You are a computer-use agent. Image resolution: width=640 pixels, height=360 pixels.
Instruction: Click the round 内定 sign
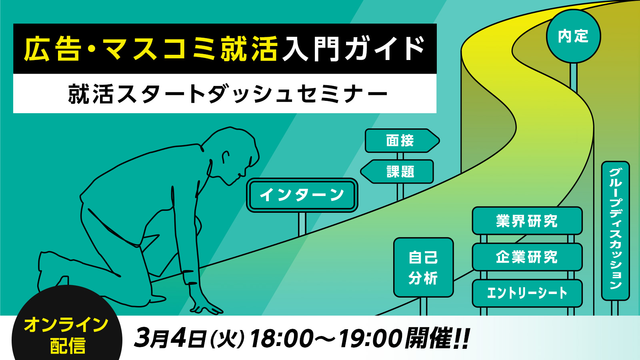pyautogui.click(x=573, y=36)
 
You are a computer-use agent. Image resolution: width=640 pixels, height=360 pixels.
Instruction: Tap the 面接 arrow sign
pyautogui.click(x=402, y=140)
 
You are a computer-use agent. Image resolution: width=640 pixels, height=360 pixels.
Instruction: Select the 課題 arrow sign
pyautogui.click(x=397, y=172)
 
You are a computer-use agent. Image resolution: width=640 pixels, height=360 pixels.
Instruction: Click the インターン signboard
pyautogui.click(x=302, y=195)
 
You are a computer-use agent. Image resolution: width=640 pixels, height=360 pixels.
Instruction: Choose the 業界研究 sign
pyautogui.click(x=527, y=221)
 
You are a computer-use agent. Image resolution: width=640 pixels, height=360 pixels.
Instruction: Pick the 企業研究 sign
pyautogui.click(x=527, y=257)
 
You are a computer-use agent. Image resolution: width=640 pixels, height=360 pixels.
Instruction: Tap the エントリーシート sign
pyautogui.click(x=527, y=293)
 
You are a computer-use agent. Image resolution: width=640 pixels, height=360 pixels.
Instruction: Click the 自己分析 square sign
pyautogui.click(x=424, y=268)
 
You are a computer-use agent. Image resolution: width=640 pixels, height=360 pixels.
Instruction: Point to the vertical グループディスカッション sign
pyautogui.click(x=616, y=231)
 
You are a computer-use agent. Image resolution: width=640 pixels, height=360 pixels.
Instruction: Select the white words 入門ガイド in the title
pyautogui.click(x=353, y=49)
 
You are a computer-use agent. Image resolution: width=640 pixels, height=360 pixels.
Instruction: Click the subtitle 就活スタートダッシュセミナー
pyautogui.click(x=228, y=94)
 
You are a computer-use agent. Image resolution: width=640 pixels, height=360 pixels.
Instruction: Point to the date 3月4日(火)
pyautogui.click(x=190, y=338)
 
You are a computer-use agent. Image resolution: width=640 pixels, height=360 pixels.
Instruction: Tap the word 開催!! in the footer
pyautogui.click(x=438, y=338)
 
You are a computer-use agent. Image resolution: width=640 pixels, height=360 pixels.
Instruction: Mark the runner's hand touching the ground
pyautogui.click(x=204, y=306)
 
